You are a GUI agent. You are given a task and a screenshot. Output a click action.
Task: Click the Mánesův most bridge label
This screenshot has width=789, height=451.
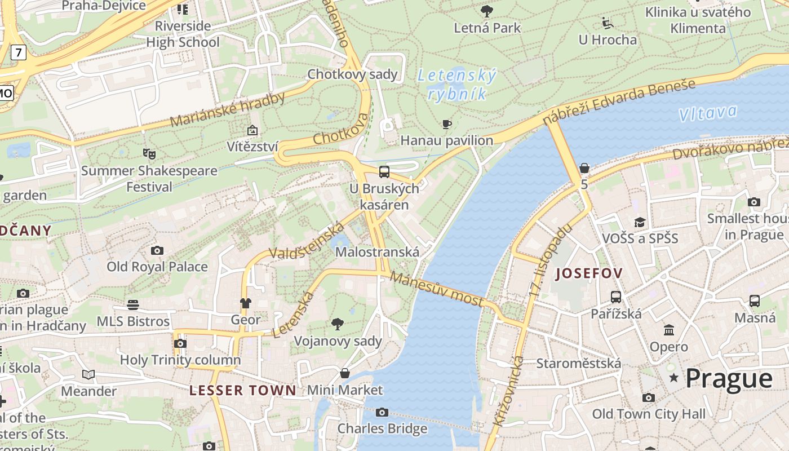436,289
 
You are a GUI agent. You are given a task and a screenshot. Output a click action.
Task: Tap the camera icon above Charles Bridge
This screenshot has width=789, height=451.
382,413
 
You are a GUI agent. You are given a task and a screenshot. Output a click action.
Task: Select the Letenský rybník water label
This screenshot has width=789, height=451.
456,85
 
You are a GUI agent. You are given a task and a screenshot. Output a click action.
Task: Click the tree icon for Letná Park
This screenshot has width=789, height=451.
487,11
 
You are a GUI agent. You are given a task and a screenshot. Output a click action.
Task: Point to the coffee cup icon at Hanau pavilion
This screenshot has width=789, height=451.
447,124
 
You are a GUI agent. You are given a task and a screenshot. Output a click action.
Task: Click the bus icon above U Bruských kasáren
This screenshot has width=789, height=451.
384,172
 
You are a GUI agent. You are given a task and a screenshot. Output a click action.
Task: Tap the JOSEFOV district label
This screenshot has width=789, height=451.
589,274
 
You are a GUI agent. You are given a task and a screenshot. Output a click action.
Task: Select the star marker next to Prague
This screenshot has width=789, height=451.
673,378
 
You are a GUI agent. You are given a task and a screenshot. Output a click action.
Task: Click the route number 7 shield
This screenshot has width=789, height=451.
19,53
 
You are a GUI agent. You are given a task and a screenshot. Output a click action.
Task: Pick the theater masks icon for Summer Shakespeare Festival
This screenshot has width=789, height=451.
149,153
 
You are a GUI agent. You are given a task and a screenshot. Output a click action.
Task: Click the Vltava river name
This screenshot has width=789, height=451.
708,113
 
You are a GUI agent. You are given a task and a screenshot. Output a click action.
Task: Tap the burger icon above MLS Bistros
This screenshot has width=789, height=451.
133,305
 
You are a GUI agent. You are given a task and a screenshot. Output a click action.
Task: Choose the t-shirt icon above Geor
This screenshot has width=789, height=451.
245,303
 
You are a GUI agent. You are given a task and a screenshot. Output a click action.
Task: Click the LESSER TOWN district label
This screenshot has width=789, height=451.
242,390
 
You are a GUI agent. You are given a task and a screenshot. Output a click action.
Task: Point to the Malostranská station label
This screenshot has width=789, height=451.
377,252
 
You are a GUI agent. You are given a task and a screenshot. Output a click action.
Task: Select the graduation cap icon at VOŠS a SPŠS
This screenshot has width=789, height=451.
640,222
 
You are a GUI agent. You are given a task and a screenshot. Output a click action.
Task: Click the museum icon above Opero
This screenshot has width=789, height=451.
669,330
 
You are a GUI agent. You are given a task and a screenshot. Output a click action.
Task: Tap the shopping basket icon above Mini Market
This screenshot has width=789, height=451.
345,373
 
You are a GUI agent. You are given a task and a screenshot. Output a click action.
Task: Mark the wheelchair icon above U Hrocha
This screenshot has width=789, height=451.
608,23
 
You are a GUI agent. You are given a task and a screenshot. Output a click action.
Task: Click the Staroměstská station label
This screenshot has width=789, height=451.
578,363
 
